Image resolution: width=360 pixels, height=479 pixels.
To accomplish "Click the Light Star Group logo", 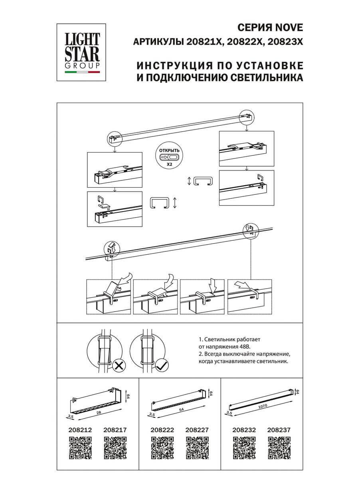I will tap(83, 50).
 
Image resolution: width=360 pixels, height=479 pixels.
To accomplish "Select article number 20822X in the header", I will tap(244, 42).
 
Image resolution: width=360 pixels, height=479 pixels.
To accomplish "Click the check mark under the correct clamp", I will tap(162, 364).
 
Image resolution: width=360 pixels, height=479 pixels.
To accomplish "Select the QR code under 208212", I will tap(81, 447).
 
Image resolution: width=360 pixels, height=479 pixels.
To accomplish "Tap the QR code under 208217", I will tap(115, 447).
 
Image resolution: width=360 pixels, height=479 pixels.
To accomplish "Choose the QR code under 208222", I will tap(162, 447).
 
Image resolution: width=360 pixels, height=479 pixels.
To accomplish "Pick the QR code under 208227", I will tap(197, 447).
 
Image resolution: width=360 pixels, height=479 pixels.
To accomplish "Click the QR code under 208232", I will tap(244, 447).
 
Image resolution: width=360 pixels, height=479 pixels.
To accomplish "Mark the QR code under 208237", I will tap(279, 447).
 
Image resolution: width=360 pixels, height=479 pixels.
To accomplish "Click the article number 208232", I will tap(244, 430).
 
